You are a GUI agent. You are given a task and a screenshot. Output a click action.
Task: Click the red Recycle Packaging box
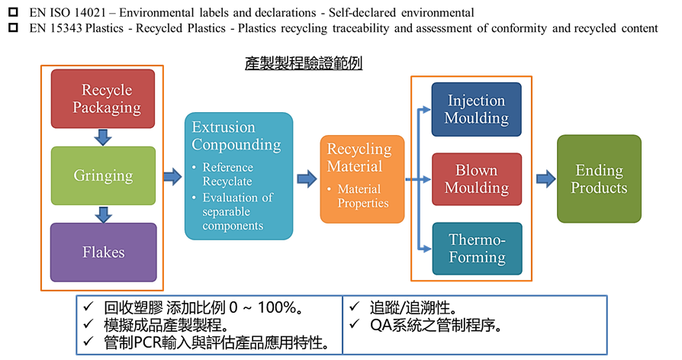[x=102, y=98]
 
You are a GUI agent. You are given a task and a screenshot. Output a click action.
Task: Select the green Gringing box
[x=102, y=175]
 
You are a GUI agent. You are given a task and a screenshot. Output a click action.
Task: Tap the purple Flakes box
[x=102, y=252]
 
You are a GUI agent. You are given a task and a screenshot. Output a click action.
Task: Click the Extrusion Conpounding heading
[x=236, y=136]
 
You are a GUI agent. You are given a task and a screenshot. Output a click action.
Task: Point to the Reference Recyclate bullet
[x=227, y=174]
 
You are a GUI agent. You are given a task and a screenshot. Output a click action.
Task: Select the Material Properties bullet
[x=362, y=196]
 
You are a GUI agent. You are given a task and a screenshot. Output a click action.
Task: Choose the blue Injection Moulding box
[x=476, y=109]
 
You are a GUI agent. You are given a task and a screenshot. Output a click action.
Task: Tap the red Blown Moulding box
[x=476, y=179]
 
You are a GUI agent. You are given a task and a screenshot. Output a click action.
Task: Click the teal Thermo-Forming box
[x=476, y=249]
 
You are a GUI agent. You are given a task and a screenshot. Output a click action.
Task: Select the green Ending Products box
[x=598, y=179]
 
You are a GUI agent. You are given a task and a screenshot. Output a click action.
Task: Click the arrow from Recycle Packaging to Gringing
[x=102, y=137]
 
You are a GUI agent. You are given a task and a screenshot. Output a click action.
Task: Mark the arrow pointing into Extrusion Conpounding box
[x=172, y=177]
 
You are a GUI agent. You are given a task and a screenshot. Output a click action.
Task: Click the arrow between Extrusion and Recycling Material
[x=307, y=179]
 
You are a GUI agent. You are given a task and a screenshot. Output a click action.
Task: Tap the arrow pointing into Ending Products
[x=545, y=179]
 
